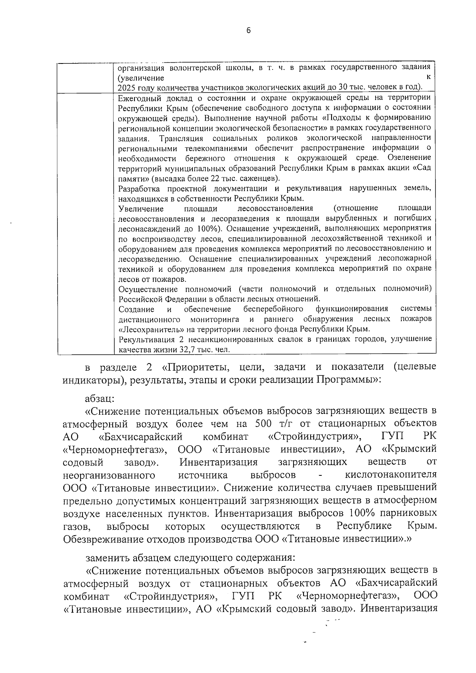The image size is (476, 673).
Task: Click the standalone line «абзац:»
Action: tap(100, 398)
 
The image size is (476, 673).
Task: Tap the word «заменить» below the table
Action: tap(106, 558)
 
